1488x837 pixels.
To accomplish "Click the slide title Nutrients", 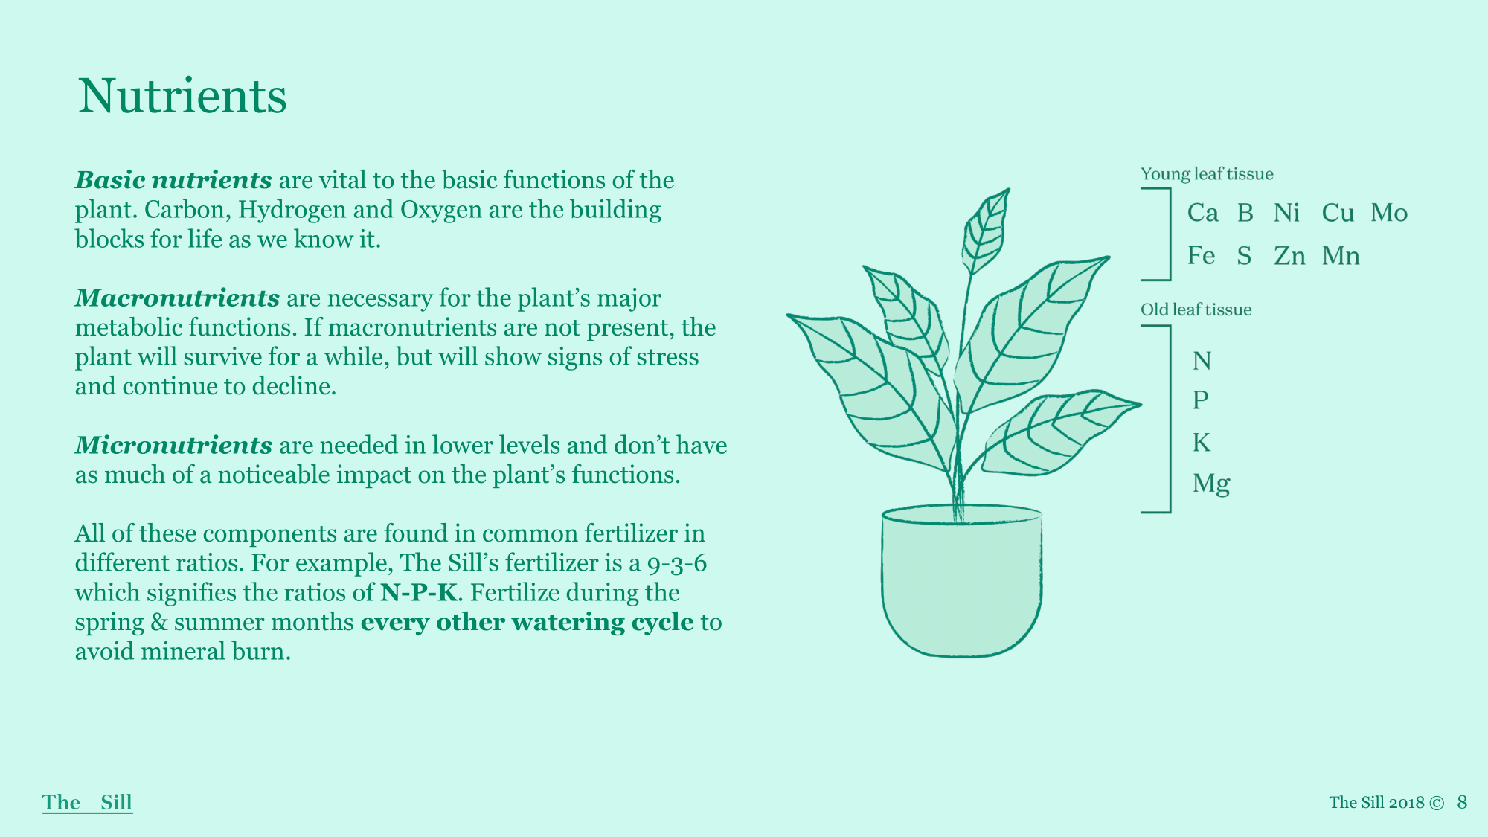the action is pyautogui.click(x=182, y=96).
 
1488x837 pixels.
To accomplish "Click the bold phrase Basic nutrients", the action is pyautogui.click(x=173, y=180).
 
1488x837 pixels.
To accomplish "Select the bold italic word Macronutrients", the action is pyautogui.click(x=177, y=298).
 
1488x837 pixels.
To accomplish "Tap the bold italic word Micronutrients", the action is pyautogui.click(x=173, y=445).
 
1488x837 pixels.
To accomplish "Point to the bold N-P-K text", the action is pyautogui.click(x=419, y=593).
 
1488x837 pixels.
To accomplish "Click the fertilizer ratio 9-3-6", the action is pyautogui.click(x=677, y=564).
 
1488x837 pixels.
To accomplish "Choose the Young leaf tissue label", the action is pyautogui.click(x=1207, y=174).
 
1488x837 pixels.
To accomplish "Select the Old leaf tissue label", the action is pyautogui.click(x=1196, y=310).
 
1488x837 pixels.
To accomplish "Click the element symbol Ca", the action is pyautogui.click(x=1203, y=213).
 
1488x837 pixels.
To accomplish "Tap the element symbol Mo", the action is pyautogui.click(x=1389, y=213).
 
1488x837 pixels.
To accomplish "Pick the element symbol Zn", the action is pyautogui.click(x=1289, y=256).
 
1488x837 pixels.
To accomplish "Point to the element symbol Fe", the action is pyautogui.click(x=1201, y=256).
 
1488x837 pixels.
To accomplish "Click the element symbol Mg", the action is pyautogui.click(x=1211, y=484).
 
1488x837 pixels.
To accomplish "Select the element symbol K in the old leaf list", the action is pyautogui.click(x=1202, y=443).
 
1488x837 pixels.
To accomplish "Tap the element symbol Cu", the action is pyautogui.click(x=1338, y=213).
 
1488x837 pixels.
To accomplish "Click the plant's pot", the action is pyautogui.click(x=962, y=581).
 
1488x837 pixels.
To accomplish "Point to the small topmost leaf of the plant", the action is pyautogui.click(x=984, y=231).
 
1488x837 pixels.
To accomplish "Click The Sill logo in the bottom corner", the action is pyautogui.click(x=87, y=802).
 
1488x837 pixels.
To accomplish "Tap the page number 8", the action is pyautogui.click(x=1462, y=802).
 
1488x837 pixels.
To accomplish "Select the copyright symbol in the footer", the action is pyautogui.click(x=1437, y=803).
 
